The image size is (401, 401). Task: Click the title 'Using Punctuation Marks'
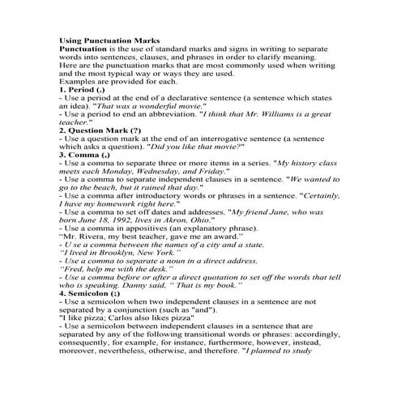pyautogui.click(x=109, y=40)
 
